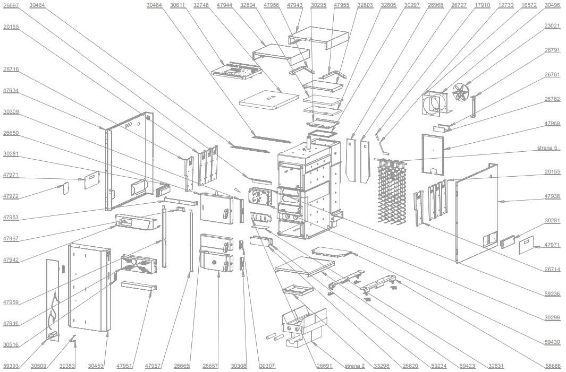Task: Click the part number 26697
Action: tap(11, 5)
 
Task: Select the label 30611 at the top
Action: tap(178, 5)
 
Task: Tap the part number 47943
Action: tap(294, 5)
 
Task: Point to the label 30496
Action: tap(552, 5)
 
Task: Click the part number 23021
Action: tap(552, 25)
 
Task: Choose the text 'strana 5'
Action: tap(548, 148)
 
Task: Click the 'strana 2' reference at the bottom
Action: tap(354, 366)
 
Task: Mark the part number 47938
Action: tap(552, 196)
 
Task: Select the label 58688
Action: tap(552, 366)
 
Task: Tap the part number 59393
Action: tap(11, 366)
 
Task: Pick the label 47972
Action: tap(11, 196)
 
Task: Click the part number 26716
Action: tap(11, 69)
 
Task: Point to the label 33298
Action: tap(381, 366)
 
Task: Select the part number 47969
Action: tap(552, 123)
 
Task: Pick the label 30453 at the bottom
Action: tap(96, 366)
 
